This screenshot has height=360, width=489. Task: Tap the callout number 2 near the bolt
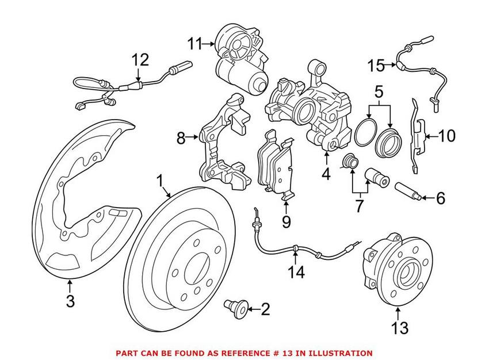265,310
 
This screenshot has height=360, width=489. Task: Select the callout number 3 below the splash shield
70,300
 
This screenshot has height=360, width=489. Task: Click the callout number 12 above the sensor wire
140,60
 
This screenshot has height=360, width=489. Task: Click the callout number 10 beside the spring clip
446,136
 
